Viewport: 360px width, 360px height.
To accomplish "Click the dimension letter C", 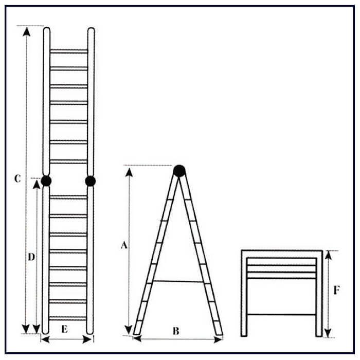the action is click(17, 178).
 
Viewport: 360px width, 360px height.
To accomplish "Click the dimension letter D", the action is click(31, 257).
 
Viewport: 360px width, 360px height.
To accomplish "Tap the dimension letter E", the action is click(64, 329).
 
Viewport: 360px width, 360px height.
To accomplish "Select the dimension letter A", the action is click(124, 245).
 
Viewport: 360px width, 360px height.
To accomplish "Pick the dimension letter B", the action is click(176, 331).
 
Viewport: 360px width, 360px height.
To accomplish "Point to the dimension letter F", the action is click(336, 291).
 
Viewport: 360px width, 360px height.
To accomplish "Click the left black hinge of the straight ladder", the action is click(46, 181).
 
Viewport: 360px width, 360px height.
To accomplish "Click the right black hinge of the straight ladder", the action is click(91, 181).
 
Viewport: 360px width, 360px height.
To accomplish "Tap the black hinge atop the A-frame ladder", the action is click(179, 171).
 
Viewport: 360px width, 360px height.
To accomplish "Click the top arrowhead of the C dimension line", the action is click(27, 31).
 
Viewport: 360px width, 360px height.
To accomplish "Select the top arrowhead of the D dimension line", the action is click(37, 185).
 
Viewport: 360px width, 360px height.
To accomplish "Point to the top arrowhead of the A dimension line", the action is click(129, 172).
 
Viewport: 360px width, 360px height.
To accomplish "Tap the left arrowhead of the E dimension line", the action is click(45, 339).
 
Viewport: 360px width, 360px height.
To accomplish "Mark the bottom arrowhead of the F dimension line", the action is click(328, 333).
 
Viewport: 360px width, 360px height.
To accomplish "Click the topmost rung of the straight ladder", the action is click(68, 51).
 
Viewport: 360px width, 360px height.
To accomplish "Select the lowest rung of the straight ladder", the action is click(68, 318).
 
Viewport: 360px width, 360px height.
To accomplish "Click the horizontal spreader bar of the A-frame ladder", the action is click(178, 281).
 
